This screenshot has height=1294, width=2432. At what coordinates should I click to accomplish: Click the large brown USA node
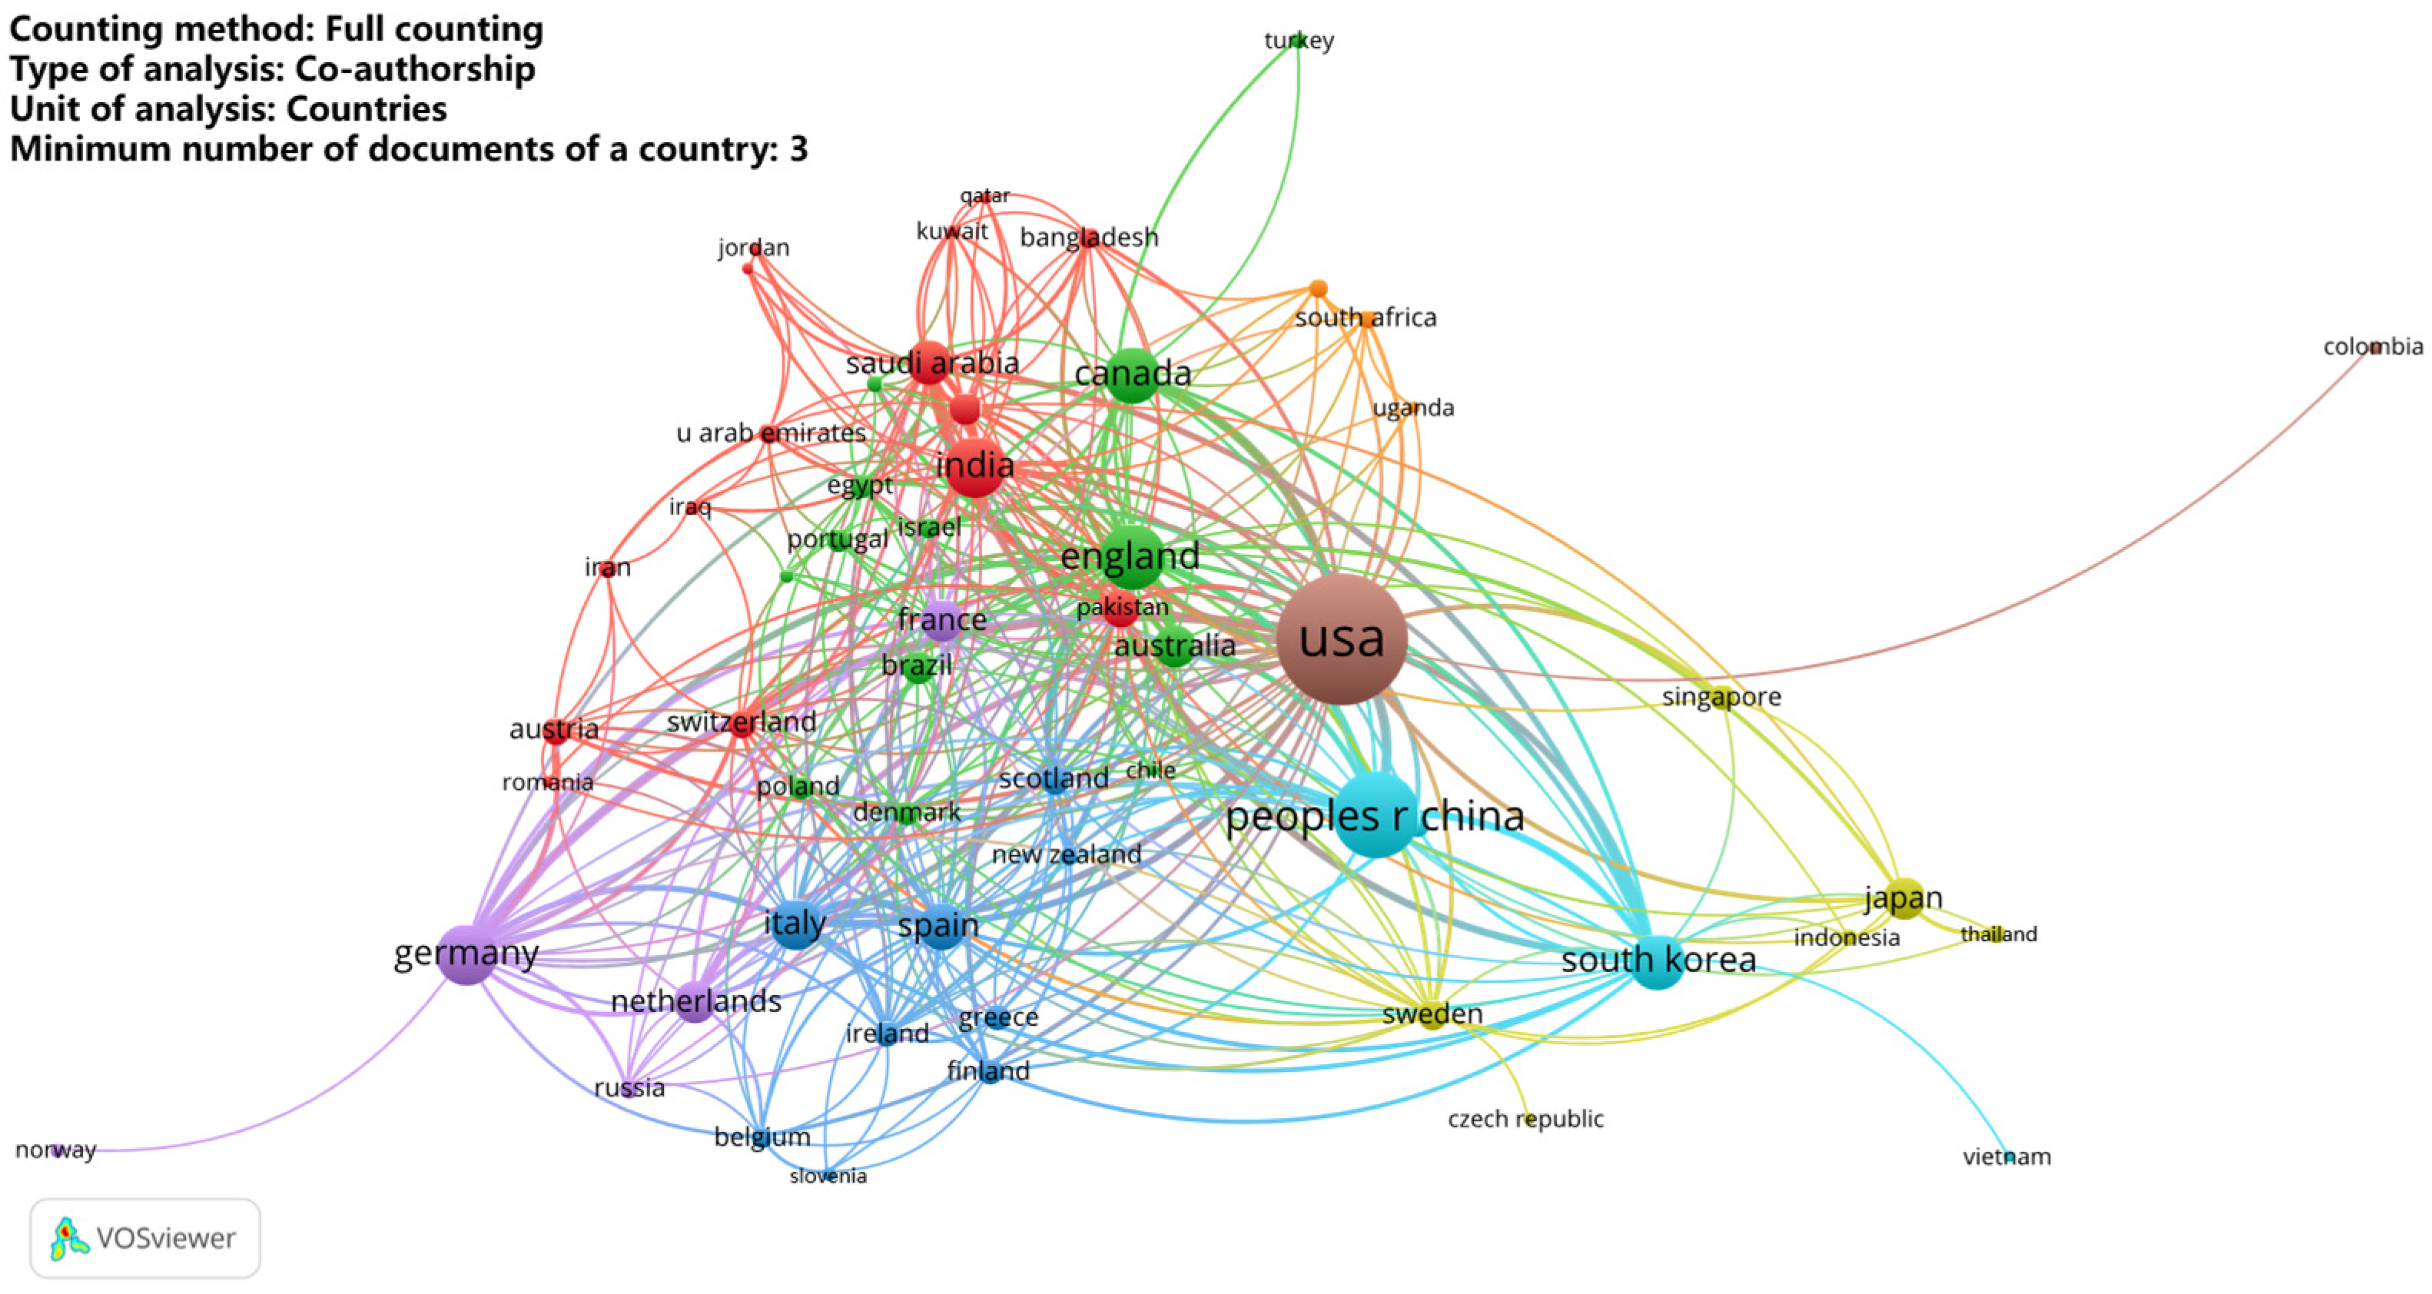click(1342, 640)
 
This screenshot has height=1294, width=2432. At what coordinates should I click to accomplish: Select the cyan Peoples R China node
click(1378, 815)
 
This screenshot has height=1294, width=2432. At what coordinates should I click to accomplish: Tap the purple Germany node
click(466, 954)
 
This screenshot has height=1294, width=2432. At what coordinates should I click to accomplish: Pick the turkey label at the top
click(1299, 41)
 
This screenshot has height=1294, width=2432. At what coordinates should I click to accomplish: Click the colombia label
click(2373, 347)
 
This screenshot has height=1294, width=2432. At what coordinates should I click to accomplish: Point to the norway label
click(55, 1150)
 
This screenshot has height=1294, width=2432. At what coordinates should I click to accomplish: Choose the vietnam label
click(2006, 1156)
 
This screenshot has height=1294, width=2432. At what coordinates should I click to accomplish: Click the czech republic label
click(1525, 1119)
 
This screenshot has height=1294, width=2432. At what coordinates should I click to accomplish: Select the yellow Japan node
click(1904, 898)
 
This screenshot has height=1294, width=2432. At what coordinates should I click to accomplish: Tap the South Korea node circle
click(1657, 963)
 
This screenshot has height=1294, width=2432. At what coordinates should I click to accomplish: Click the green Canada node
click(1131, 375)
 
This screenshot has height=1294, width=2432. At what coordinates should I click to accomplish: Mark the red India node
click(974, 467)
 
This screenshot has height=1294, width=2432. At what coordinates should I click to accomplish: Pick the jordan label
click(753, 247)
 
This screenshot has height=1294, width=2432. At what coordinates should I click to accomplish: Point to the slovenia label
click(828, 1176)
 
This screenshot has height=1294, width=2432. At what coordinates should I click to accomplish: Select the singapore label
click(1721, 696)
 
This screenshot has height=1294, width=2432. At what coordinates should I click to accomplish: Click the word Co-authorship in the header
click(416, 69)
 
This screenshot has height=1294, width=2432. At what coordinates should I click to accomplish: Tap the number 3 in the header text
click(798, 149)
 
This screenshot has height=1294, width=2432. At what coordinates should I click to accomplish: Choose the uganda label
click(1412, 408)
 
